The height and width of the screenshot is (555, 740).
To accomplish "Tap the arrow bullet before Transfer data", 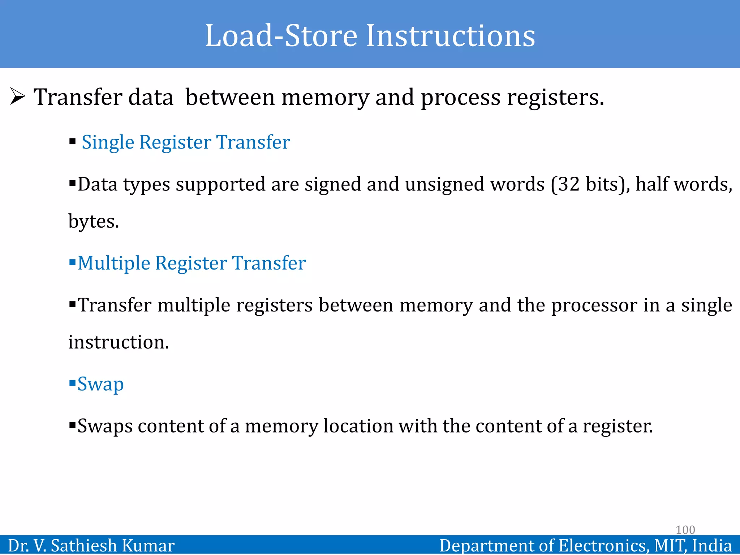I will (x=18, y=97).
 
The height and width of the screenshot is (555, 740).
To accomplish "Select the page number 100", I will (x=685, y=530).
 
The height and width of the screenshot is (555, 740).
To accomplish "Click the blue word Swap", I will (x=100, y=384).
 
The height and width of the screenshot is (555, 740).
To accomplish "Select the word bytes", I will (x=93, y=221).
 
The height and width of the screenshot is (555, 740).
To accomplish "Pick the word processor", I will (x=594, y=305).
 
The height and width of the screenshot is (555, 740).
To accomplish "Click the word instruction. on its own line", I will (x=119, y=342).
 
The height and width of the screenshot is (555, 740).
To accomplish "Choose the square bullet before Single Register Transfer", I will (x=73, y=141).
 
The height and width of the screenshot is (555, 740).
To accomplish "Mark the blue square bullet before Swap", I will (x=72, y=382).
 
